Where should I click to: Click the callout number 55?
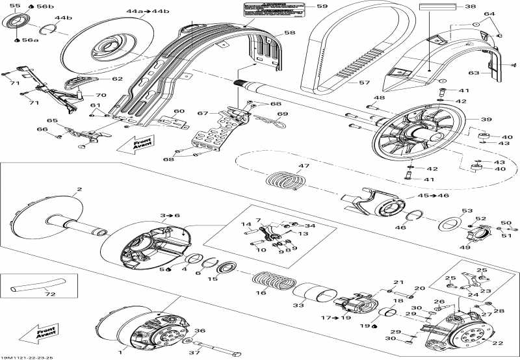click(x=14, y=5)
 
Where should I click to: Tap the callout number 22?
click(x=499, y=344)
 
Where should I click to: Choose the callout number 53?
click(x=467, y=211)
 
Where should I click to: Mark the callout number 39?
click(x=486, y=119)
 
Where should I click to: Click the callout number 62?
click(x=116, y=79)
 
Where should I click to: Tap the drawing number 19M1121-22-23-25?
click(x=27, y=357)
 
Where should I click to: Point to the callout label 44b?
click(x=64, y=18)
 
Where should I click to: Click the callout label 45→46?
click(x=427, y=195)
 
